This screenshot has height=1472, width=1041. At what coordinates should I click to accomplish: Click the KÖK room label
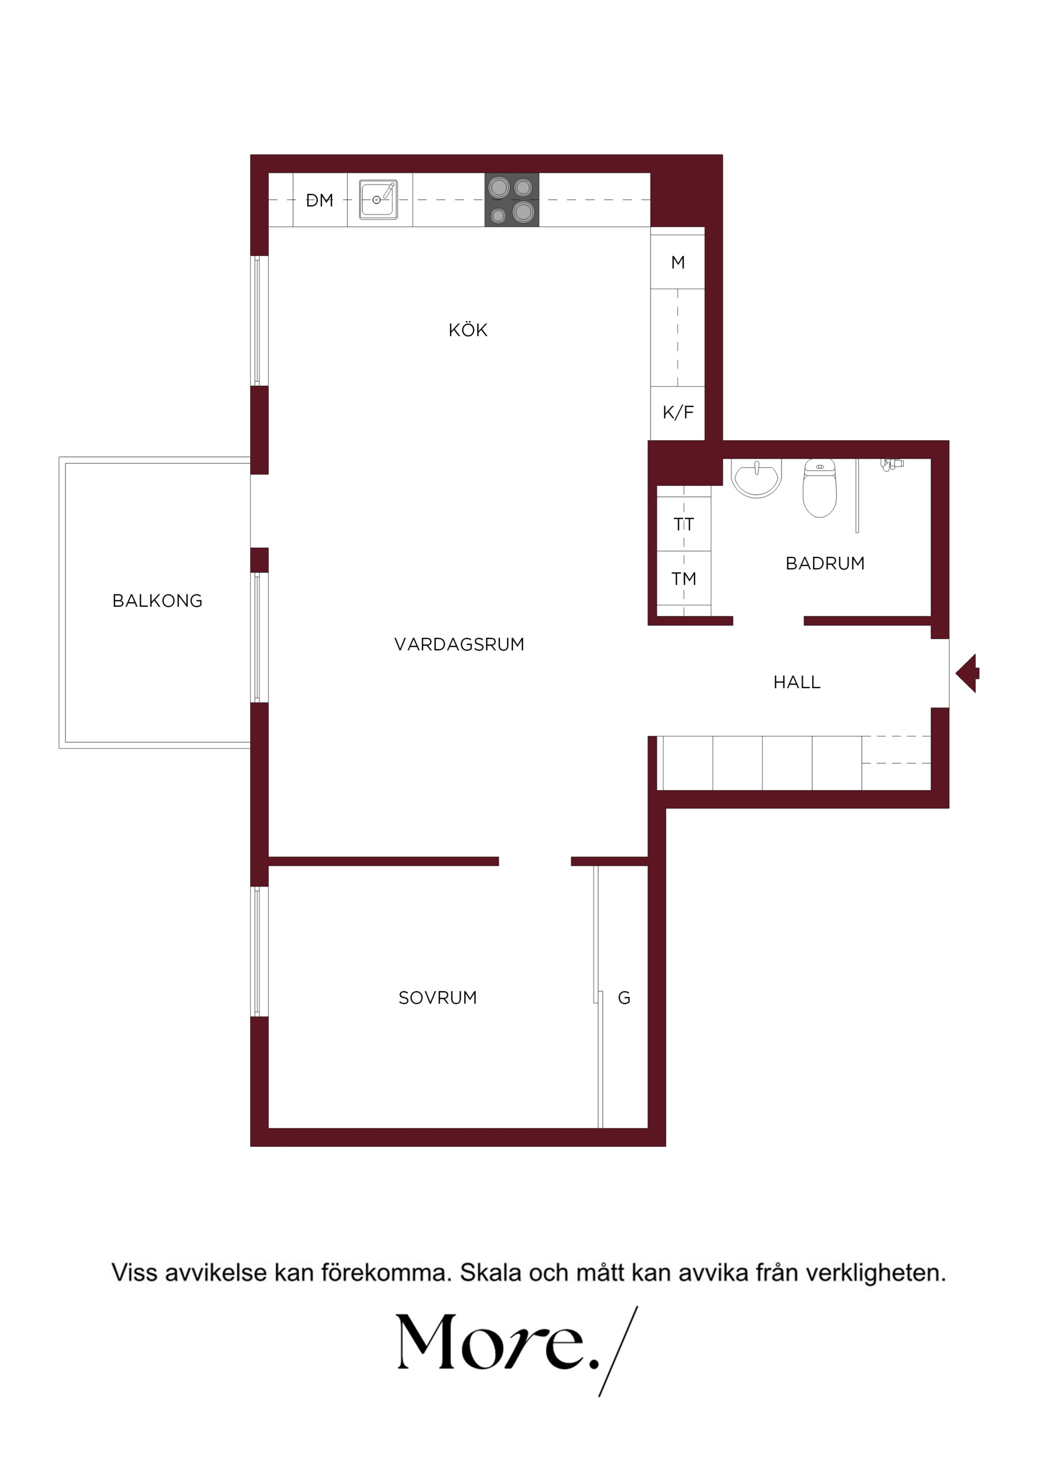pos(468,330)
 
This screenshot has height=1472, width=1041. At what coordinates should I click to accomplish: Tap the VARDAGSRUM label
pos(459,644)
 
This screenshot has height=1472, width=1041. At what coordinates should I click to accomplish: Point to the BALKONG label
pos(157,601)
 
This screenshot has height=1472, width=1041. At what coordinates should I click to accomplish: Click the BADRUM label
pos(825,563)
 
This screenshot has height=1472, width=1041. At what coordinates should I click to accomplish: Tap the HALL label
pos(797,682)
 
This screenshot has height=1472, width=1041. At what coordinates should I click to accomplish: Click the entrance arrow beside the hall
pos(967,673)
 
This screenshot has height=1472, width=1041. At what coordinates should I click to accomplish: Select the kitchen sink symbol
pos(378,199)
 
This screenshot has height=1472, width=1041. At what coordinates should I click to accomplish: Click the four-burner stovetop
pos(512,199)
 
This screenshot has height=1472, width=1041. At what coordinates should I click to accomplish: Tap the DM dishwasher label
pos(319,201)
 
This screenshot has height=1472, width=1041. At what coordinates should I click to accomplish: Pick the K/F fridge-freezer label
pos(678,412)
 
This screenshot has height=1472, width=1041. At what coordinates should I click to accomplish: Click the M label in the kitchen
pos(678,262)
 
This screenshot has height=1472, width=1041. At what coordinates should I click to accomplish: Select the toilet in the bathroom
pos(820,487)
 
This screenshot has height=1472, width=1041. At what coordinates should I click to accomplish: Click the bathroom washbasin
pos(756,478)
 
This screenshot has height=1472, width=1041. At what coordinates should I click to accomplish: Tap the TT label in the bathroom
pos(684,524)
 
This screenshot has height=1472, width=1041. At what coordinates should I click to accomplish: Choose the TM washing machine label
pos(684,579)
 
